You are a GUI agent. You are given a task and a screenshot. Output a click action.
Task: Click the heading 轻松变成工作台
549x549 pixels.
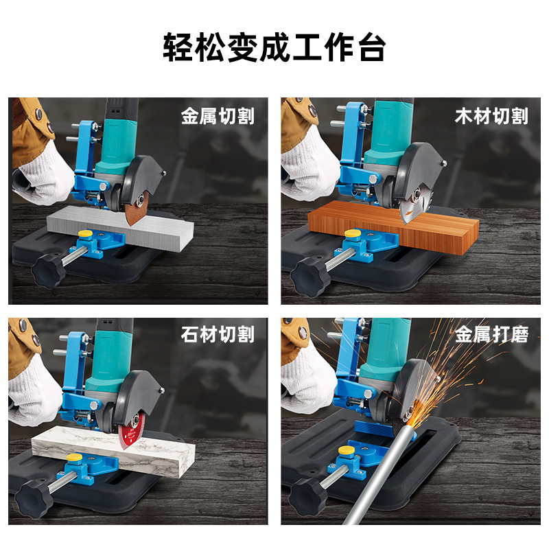tap(274, 47)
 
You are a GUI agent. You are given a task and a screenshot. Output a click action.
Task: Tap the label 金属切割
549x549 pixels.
tap(218, 116)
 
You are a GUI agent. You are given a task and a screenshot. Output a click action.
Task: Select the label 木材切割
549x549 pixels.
tap(491, 116)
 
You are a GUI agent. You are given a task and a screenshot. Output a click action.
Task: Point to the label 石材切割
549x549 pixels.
tap(218, 334)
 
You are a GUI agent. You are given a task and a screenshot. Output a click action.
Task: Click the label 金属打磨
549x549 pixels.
tap(491, 334)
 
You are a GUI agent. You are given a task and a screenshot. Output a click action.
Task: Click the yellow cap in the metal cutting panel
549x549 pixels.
tap(85, 234)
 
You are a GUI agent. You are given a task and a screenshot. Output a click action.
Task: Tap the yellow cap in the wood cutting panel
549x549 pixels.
tap(353, 233)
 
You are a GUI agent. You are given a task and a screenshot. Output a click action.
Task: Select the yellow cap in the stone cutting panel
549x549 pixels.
tap(75, 457)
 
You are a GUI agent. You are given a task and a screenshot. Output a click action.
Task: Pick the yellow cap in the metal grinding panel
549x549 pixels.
tap(346, 450)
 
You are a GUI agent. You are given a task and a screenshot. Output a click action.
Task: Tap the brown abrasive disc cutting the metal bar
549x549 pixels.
tap(137, 210)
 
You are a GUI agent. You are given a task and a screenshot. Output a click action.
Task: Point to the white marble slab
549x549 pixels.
tap(113, 451)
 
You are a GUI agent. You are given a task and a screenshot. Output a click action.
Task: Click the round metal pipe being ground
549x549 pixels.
tap(379, 474)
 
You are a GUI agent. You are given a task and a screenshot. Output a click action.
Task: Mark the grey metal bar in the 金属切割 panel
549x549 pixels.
tap(120, 228)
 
